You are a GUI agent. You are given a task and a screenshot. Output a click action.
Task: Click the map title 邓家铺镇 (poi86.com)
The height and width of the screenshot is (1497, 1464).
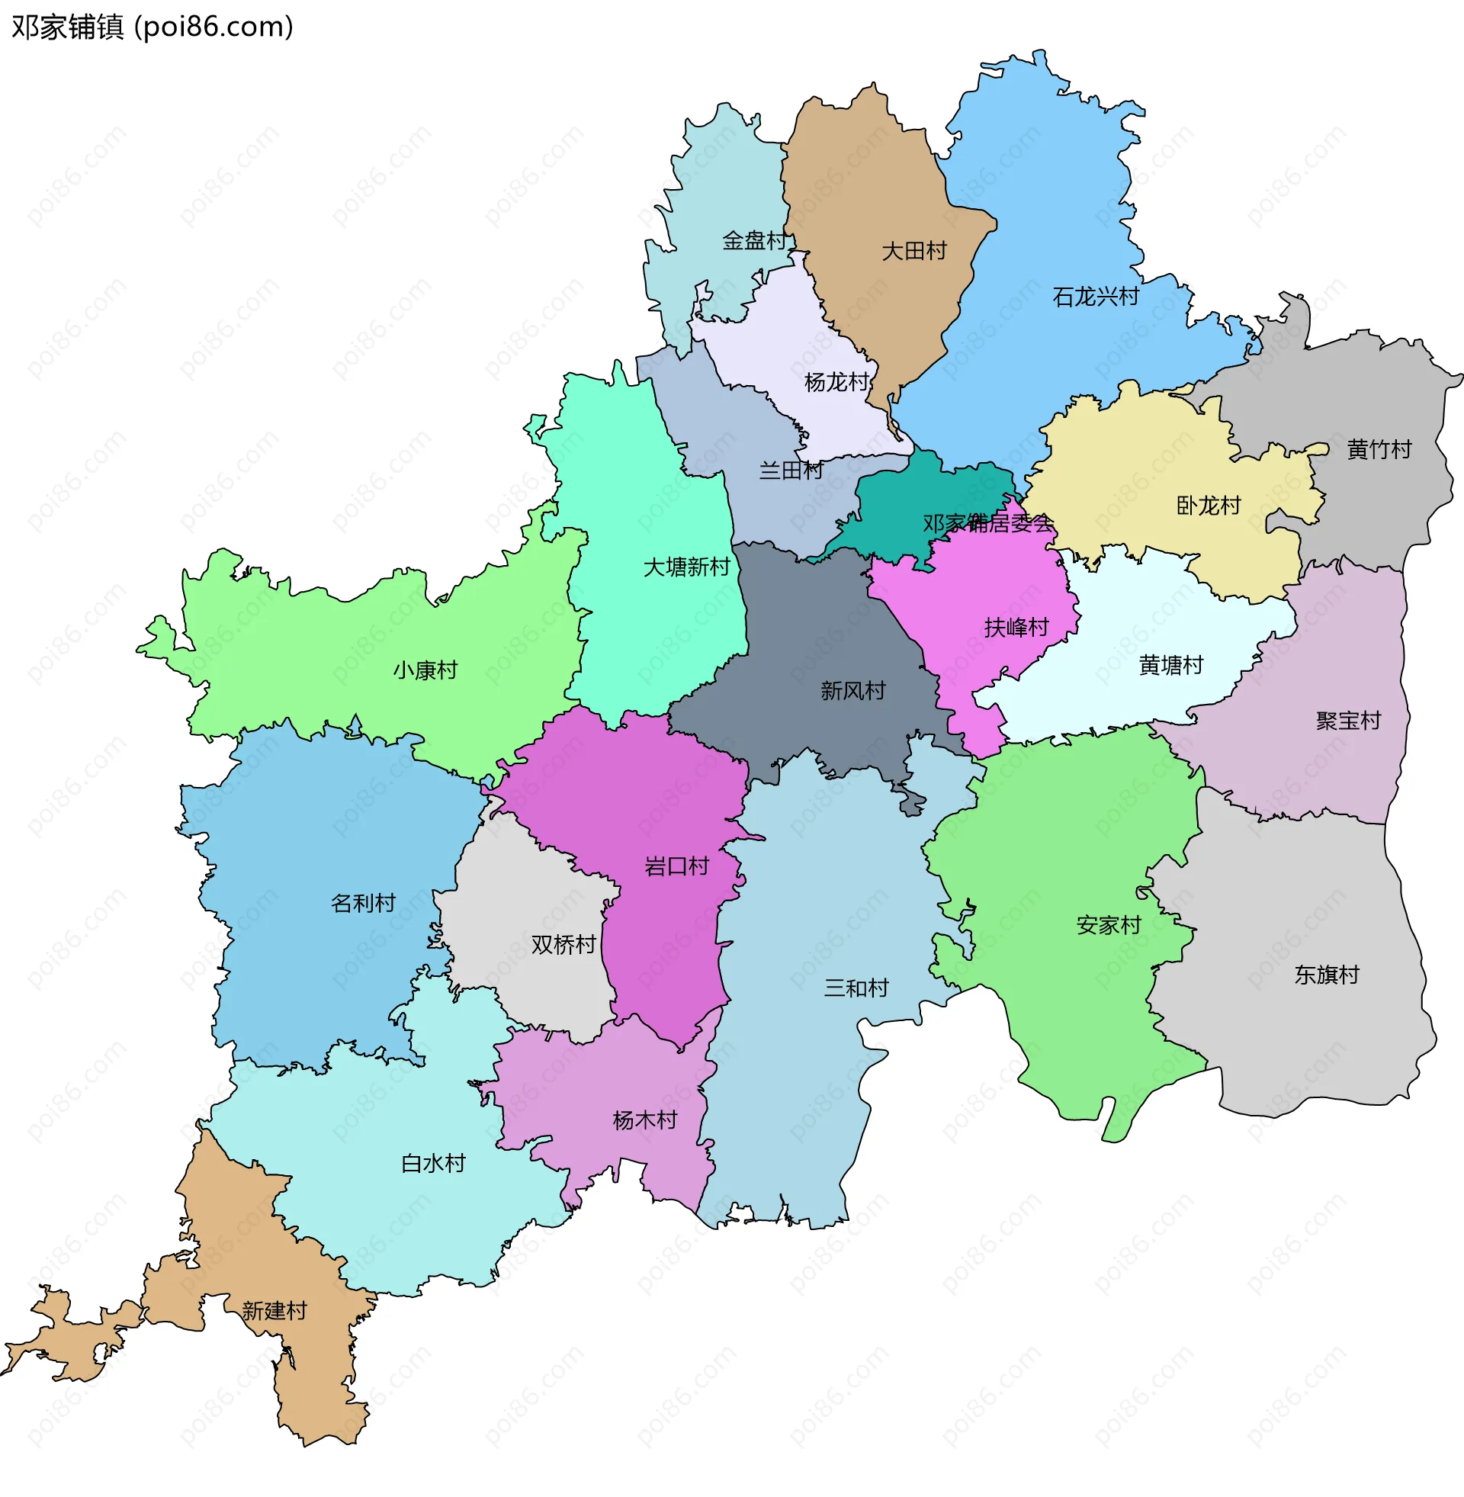coord(152,27)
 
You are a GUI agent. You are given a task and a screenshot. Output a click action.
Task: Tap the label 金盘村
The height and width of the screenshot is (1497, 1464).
coord(754,241)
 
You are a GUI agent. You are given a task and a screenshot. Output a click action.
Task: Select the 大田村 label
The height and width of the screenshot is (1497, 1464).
coord(913,251)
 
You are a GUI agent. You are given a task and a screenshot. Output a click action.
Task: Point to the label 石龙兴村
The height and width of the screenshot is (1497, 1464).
coord(1095,297)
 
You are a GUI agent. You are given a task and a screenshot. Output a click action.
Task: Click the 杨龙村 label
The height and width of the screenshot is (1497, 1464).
coord(836,382)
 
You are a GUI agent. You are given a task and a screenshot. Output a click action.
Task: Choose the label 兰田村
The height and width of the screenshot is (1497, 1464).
coord(791,471)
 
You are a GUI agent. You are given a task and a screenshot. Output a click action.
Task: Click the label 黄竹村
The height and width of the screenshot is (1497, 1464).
coord(1379,449)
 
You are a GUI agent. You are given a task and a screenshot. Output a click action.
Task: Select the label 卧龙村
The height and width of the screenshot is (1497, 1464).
coord(1208,506)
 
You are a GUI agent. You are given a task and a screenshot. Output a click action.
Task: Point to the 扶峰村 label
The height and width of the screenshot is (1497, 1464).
coord(1016,628)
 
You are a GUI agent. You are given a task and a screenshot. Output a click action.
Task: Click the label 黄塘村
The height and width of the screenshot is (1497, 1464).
coord(1170,665)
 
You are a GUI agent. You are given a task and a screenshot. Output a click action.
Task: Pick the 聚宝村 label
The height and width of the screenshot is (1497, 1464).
coord(1348,721)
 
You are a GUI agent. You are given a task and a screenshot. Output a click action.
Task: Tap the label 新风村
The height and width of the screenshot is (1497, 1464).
coord(852,690)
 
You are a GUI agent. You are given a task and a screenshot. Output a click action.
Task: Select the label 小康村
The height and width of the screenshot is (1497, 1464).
coord(425,670)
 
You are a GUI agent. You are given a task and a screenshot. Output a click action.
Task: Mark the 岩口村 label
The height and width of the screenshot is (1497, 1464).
coord(676,866)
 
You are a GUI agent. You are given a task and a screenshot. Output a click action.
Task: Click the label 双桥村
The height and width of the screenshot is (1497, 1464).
coord(563,944)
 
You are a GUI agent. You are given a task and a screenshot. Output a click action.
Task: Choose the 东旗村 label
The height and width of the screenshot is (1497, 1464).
coord(1326,975)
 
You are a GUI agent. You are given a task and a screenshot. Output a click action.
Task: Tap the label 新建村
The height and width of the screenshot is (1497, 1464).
coord(274,1310)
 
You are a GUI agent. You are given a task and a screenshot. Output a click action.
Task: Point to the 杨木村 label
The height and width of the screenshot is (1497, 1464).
coord(644,1120)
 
